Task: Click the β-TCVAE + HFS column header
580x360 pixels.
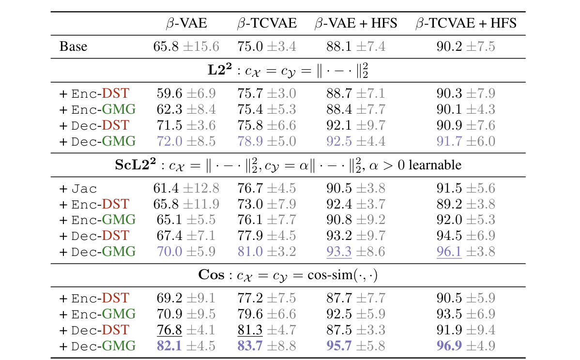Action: pos(466,23)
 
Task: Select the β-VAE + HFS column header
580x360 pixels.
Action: pos(356,23)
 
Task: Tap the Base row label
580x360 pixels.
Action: pos(74,46)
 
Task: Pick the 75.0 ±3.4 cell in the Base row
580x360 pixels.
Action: pos(267,46)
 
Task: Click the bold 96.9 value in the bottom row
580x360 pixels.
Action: pos(449,346)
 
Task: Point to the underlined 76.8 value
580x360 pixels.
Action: pos(169,330)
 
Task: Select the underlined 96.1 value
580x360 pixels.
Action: pos(449,252)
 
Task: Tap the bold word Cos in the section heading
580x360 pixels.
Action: pos(212,275)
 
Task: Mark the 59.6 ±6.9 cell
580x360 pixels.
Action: pos(186,93)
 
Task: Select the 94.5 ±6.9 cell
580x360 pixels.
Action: pos(466,236)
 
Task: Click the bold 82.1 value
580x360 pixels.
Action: pos(169,346)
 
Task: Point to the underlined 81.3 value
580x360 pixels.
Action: pos(250,330)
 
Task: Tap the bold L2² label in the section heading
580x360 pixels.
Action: pos(220,70)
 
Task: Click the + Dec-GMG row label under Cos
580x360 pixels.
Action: pos(97,346)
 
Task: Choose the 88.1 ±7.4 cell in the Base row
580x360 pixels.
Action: pos(356,46)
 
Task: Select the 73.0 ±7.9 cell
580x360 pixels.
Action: pos(267,204)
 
